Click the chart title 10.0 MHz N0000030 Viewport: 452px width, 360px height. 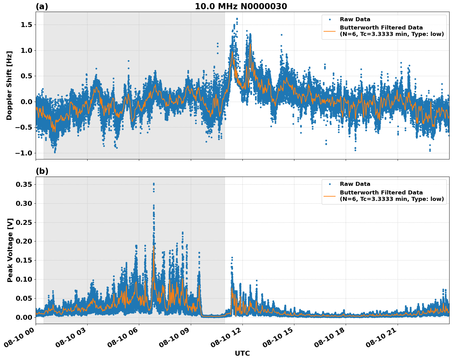241,6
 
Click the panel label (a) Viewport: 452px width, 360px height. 42,6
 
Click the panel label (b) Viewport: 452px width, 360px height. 42,171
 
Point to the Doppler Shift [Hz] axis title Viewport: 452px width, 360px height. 9,85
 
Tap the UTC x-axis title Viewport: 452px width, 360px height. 242,353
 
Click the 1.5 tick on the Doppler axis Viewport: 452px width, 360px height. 27,25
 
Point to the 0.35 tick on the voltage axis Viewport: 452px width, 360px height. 24,184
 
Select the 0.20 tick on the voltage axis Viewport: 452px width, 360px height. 24,241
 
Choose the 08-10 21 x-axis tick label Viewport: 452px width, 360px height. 381,338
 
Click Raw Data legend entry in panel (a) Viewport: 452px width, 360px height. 355,19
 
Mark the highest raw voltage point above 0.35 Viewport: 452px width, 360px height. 154,184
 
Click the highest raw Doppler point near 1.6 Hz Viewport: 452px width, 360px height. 237,19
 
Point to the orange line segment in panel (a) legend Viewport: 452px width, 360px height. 330,31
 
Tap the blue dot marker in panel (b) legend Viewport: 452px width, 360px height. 330,184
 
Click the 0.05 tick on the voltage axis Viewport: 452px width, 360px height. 24,298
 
